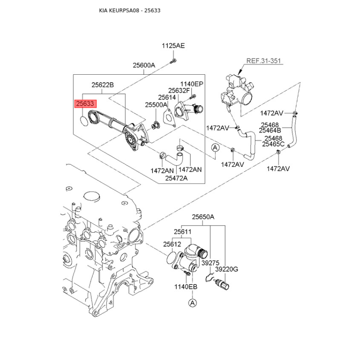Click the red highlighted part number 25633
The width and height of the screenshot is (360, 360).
[85, 104]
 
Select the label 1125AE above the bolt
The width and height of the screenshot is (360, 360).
[173, 46]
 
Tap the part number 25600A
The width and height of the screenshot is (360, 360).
[144, 65]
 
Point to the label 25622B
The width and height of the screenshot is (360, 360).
[103, 85]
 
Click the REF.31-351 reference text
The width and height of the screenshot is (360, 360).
[264, 61]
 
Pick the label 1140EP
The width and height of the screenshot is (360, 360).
[192, 84]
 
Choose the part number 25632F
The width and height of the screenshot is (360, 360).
[179, 91]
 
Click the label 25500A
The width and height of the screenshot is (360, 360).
[156, 105]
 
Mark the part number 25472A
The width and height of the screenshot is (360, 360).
[176, 178]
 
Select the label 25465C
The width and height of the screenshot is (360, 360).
[273, 144]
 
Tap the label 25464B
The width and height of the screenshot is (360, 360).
[270, 130]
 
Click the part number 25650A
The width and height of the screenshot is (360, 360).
[203, 217]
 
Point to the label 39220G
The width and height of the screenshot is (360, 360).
[227, 269]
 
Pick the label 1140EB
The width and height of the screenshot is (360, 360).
[186, 287]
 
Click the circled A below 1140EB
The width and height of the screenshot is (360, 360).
[193, 303]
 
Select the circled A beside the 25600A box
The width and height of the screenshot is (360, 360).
[215, 148]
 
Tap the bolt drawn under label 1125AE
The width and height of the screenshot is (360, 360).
[173, 61]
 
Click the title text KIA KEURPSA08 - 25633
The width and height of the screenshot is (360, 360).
[130, 10]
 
